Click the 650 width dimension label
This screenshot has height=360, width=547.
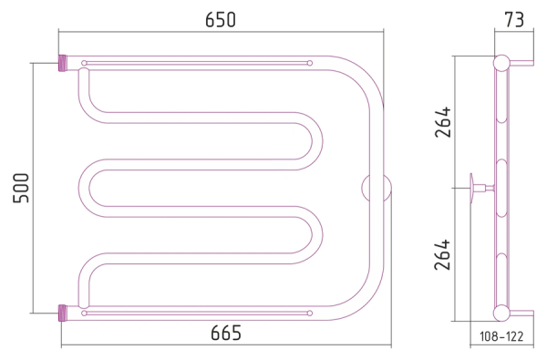(x=221, y=19)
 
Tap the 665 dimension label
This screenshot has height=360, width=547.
(x=226, y=333)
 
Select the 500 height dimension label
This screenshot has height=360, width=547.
(x=21, y=188)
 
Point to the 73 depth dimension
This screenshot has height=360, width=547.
(x=514, y=19)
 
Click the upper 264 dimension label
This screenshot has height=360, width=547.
(x=442, y=122)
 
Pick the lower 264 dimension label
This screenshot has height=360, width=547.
(x=442, y=254)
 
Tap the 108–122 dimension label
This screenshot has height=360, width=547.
(x=501, y=336)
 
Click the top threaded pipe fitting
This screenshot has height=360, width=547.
(x=62, y=63)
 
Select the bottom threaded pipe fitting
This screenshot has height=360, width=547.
(x=62, y=313)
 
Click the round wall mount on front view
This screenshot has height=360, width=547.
(x=377, y=188)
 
